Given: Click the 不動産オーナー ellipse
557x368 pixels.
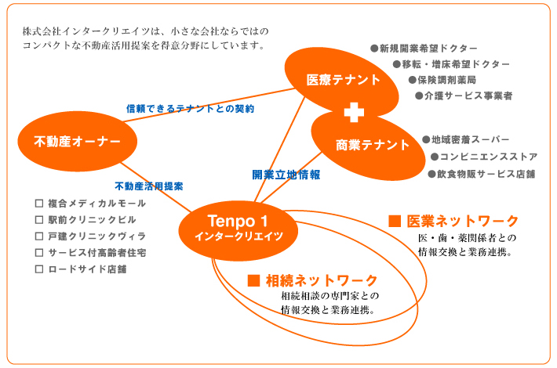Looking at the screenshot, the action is [x=78, y=141].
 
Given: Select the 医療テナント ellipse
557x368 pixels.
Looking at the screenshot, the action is [x=342, y=81].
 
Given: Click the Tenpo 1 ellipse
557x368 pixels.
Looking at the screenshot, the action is [x=238, y=230].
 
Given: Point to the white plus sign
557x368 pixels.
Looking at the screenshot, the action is [x=354, y=113].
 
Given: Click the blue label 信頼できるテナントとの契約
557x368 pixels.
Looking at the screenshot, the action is [x=190, y=109].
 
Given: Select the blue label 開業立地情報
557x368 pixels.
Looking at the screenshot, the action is [x=286, y=175].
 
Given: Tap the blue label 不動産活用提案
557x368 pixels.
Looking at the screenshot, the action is [x=149, y=186].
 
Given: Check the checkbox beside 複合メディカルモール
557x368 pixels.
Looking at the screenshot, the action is [x=39, y=204].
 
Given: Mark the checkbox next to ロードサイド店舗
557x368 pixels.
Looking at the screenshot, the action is [x=39, y=269].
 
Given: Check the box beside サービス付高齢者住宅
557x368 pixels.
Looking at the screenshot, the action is [x=39, y=253].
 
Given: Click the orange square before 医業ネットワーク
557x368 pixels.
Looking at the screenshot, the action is [x=395, y=221].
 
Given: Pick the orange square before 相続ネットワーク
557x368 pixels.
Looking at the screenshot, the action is [x=253, y=280].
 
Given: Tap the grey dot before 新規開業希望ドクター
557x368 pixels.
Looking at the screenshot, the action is [x=374, y=49].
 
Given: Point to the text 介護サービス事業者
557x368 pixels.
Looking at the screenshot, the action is [x=468, y=96].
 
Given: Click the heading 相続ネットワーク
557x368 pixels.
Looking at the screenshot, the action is [x=322, y=280].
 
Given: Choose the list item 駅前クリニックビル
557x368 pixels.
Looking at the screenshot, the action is [x=92, y=220].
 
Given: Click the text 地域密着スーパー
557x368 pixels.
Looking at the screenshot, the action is [x=471, y=139].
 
